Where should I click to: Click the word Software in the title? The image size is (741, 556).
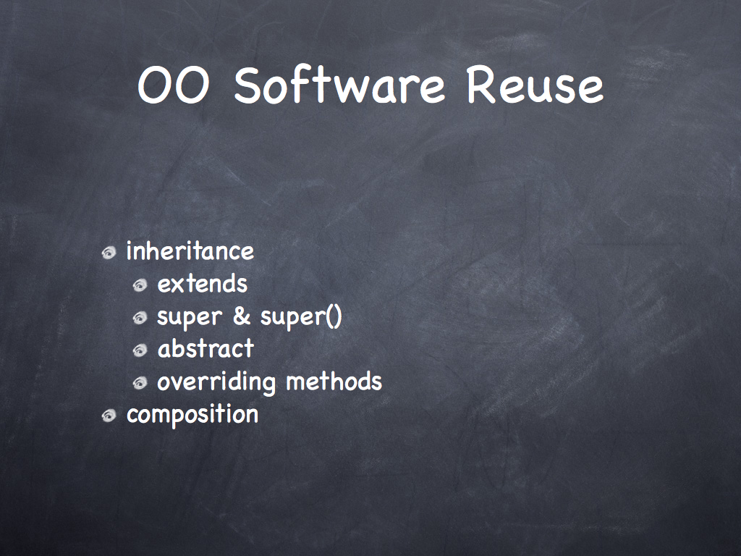pos(339,85)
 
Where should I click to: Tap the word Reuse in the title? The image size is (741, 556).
pos(535,85)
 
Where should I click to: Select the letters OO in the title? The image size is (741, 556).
pos(173,85)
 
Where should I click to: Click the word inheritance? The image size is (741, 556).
pos(190,250)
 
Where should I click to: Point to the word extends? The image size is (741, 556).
pos(203,284)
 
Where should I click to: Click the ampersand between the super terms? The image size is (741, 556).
pos(242,316)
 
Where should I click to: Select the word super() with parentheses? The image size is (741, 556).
pos(301,317)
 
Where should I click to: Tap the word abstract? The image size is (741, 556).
pos(206,348)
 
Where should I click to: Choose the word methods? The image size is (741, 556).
pos(334,381)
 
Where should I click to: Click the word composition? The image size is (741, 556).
pos(192,415)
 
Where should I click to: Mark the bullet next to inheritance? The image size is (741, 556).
pos(109,253)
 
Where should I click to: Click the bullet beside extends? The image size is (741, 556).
pos(140,285)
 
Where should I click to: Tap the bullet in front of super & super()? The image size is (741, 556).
pos(140,319)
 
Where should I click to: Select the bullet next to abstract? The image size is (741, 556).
pos(140,350)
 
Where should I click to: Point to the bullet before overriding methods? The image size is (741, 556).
pos(140,383)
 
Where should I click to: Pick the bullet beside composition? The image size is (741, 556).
pos(109,416)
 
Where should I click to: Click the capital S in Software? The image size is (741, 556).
pos(248,85)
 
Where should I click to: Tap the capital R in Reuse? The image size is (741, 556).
pos(481,85)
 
